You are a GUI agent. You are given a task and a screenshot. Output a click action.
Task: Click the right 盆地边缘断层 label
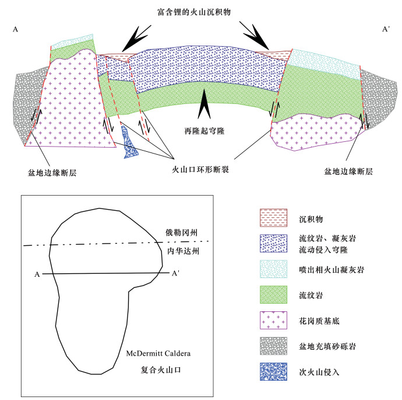348,171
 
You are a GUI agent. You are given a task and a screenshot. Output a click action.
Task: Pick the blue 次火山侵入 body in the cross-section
129,142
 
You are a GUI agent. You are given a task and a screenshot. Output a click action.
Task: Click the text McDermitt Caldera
157,354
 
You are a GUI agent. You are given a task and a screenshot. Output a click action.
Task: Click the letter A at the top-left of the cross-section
15,28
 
